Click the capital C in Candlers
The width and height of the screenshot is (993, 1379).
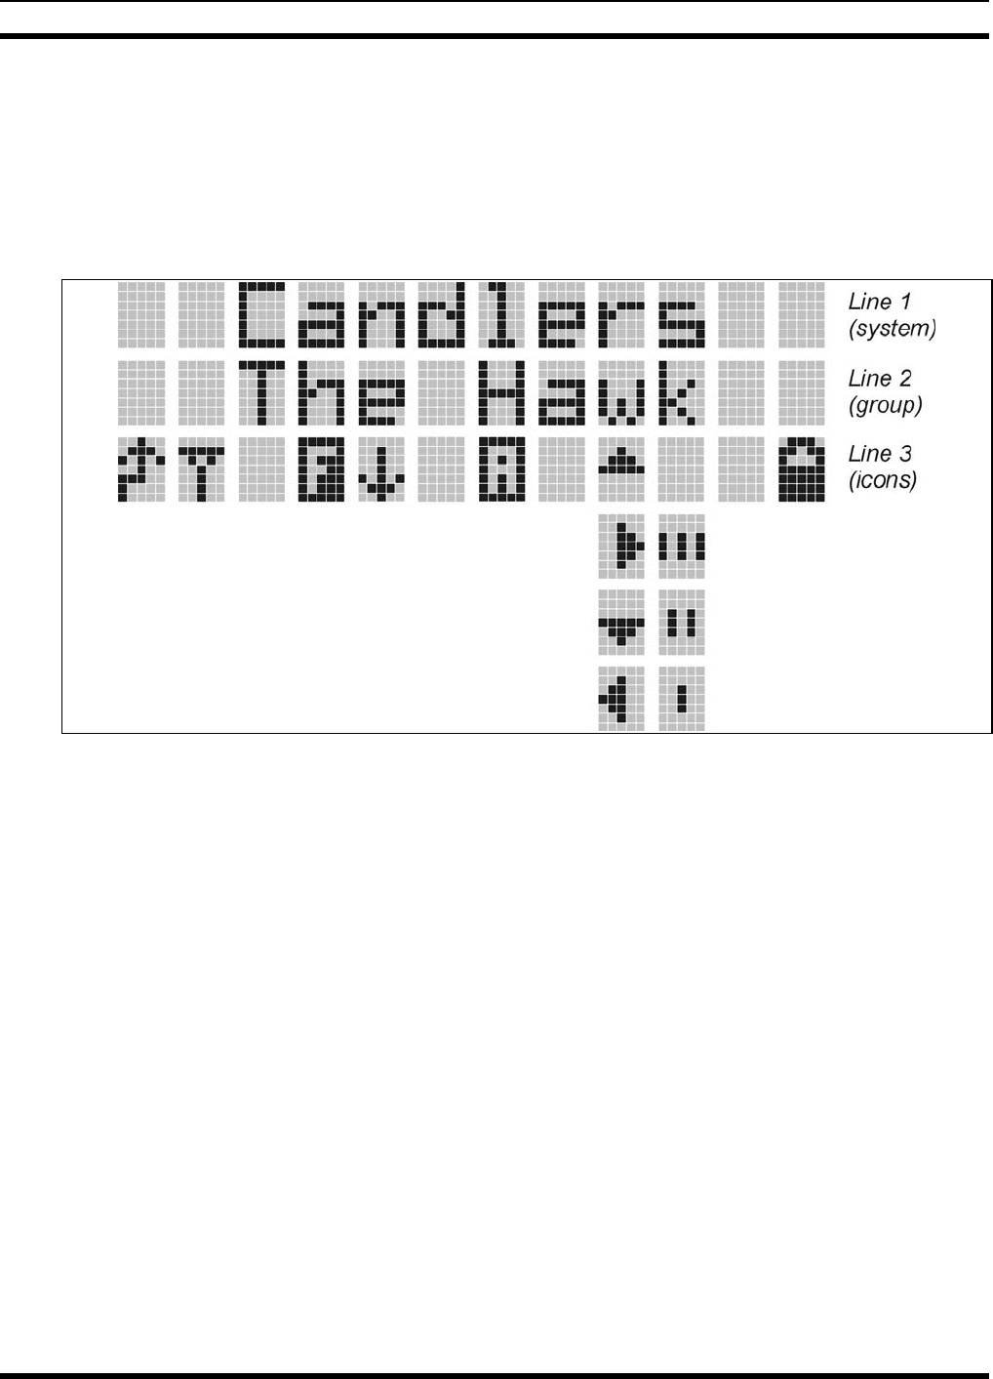pyautogui.click(x=261, y=314)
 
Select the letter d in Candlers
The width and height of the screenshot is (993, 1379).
pyautogui.click(x=442, y=314)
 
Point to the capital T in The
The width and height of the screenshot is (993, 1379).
pyautogui.click(x=261, y=391)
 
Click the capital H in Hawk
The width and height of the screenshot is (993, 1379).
pyautogui.click(x=502, y=391)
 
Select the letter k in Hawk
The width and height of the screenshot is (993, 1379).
pyautogui.click(x=682, y=391)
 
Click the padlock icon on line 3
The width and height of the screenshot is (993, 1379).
pyautogui.click(x=802, y=468)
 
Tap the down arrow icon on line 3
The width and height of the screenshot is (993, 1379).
pyautogui.click(x=381, y=470)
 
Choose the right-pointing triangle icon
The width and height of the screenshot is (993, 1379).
pyautogui.click(x=622, y=545)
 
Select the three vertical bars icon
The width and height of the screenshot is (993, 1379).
pyautogui.click(x=682, y=545)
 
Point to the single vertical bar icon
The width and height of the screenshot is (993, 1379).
pyautogui.click(x=682, y=698)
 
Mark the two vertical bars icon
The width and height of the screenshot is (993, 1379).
pyautogui.click(x=682, y=622)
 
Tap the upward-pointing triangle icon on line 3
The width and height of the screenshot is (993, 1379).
pyautogui.click(x=621, y=463)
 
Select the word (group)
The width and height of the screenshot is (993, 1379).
pyautogui.click(x=886, y=405)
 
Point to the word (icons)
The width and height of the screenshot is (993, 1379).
pyautogui.click(x=883, y=480)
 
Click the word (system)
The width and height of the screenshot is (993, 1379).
pyautogui.click(x=893, y=329)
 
